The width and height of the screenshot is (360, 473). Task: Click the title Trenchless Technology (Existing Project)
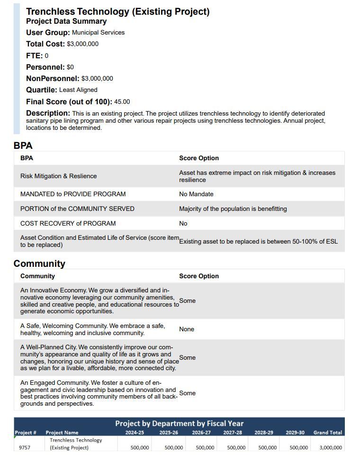(x=117, y=11)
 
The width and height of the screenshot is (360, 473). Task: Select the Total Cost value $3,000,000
(x=83, y=44)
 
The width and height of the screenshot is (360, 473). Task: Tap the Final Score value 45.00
(x=122, y=102)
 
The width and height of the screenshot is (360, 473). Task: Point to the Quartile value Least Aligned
(x=78, y=90)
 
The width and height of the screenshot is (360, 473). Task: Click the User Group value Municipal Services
(x=98, y=33)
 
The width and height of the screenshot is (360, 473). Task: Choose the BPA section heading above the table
(x=23, y=146)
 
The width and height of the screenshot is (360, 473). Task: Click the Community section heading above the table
(x=39, y=264)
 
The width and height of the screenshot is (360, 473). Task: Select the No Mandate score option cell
(x=196, y=194)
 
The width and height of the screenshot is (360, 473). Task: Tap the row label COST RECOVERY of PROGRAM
(x=68, y=224)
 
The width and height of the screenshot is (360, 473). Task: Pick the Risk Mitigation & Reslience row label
(x=58, y=176)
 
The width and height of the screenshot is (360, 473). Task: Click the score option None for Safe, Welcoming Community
(x=187, y=329)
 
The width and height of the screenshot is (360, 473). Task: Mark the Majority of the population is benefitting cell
(x=233, y=209)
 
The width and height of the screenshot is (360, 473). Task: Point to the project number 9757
(x=25, y=447)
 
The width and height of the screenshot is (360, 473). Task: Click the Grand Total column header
(x=327, y=433)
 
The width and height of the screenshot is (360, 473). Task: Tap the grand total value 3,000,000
(x=330, y=447)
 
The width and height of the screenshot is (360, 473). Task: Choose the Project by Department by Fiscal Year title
(x=179, y=423)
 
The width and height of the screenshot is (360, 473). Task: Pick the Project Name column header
(x=62, y=433)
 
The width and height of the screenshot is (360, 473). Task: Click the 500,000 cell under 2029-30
(x=298, y=447)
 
